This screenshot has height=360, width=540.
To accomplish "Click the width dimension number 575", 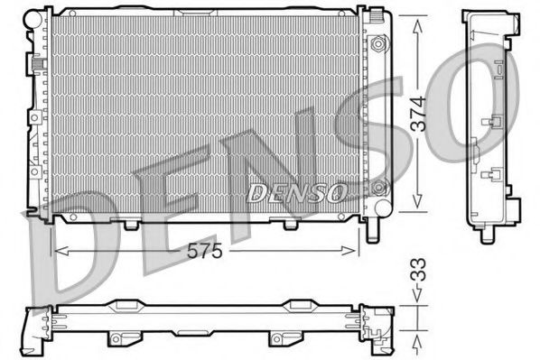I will pos(205,253).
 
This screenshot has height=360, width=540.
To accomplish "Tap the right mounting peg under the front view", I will pos(292,223).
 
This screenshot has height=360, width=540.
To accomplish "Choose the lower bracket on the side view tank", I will pos(493,173).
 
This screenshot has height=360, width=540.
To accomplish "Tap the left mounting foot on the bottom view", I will pos(118,338).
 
